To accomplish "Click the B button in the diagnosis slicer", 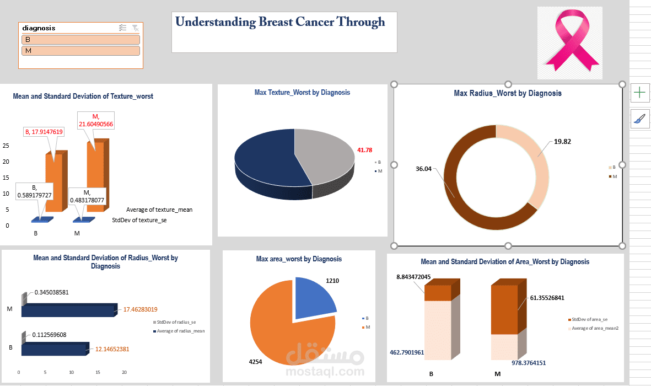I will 80,40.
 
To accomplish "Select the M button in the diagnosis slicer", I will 80,51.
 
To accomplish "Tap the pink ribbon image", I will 569,43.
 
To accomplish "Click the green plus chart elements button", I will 639,93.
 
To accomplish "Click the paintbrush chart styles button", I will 639,119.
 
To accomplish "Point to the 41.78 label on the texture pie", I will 364,150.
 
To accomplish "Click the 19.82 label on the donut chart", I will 562,142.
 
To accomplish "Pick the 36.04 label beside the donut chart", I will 423,169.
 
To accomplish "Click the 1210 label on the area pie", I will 332,281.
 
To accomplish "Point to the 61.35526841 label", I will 548,298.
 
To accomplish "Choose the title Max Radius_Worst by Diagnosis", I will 507,93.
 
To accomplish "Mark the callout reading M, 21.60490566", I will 95,120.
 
